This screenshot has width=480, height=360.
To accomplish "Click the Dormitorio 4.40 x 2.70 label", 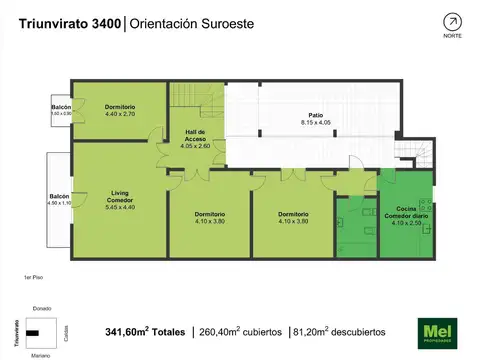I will click(119, 110).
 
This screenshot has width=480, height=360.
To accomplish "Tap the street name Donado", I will click(42, 308).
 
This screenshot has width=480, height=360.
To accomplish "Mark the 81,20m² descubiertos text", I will click(336, 332).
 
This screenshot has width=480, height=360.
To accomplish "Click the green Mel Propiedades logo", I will click(435, 331).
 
